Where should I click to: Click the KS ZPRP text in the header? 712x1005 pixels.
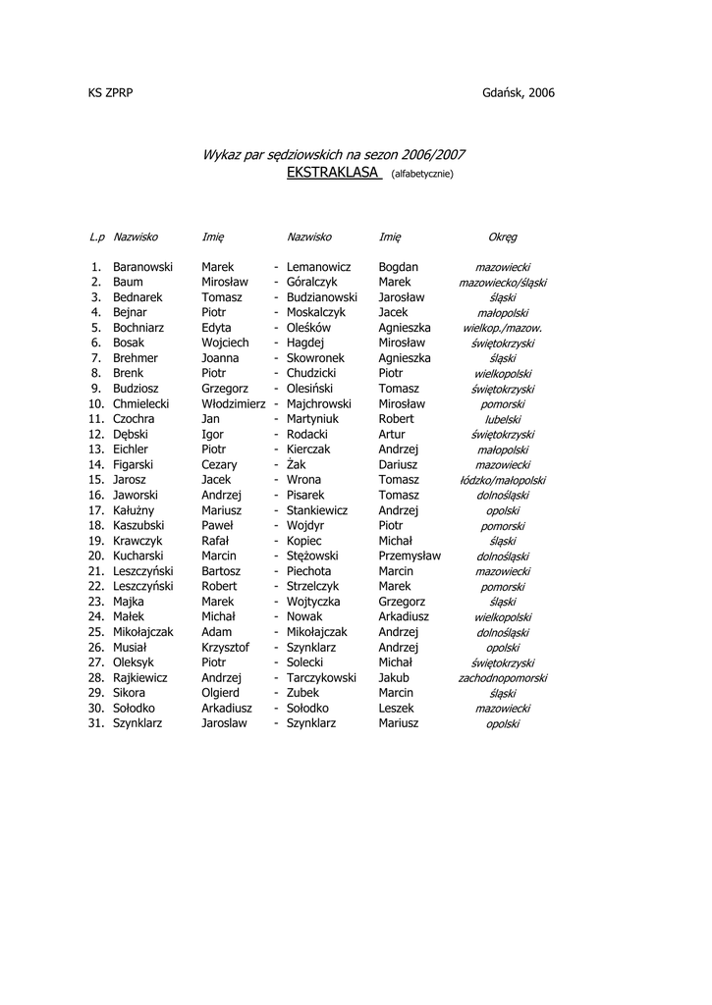(110, 92)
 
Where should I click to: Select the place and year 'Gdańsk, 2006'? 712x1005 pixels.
(519, 92)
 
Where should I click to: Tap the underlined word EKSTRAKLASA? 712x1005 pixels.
(334, 173)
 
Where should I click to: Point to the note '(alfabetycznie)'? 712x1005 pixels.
(422, 175)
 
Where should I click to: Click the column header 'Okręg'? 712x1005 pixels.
(502, 238)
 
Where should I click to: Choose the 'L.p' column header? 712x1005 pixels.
(96, 238)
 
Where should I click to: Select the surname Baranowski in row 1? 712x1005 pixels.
(142, 267)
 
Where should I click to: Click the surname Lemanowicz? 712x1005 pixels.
(318, 267)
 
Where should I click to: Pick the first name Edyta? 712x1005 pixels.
(216, 328)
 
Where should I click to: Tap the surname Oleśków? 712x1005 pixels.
(309, 328)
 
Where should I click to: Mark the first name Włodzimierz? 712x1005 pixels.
(234, 403)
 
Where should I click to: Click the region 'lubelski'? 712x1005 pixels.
(502, 419)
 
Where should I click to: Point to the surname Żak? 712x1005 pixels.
(297, 465)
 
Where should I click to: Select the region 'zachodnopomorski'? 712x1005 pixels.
(502, 678)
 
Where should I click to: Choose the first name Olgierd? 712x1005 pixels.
(220, 693)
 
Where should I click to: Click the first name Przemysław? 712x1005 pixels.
(410, 555)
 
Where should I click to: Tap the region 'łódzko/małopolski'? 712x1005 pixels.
(502, 481)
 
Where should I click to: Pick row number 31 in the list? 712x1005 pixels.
(95, 723)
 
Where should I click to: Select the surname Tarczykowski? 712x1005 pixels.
(321, 677)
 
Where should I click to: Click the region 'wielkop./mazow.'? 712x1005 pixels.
(502, 329)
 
